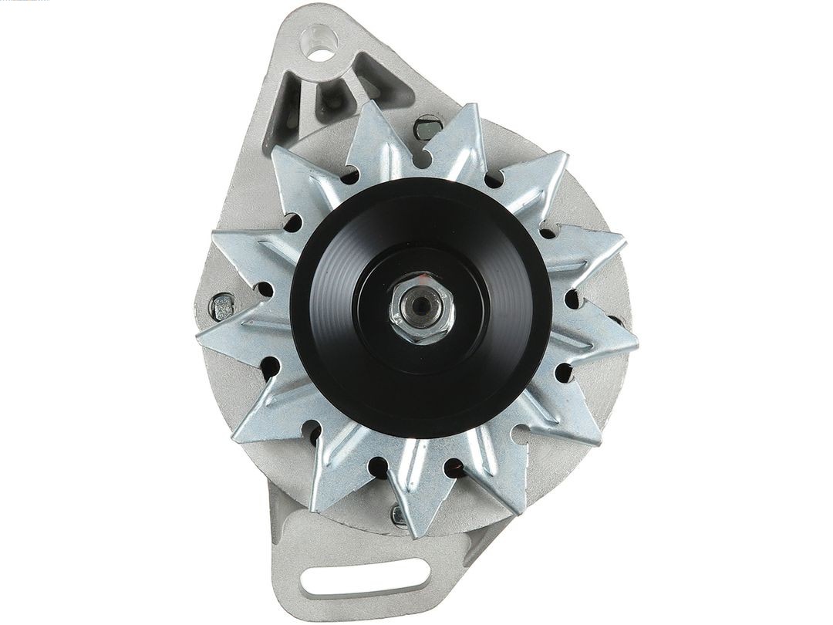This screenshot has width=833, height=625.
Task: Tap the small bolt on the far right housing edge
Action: (617, 319)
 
